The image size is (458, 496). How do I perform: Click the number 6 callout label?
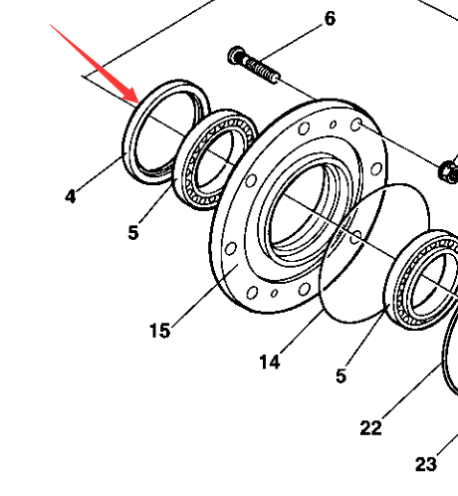[330, 18]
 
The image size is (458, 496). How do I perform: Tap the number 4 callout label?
[71, 196]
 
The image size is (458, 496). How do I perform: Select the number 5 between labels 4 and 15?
[133, 232]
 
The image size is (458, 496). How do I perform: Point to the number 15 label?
[160, 331]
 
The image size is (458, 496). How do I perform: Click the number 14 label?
[270, 362]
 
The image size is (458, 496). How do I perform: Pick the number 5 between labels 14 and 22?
[342, 376]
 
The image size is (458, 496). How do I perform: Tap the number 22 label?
[370, 428]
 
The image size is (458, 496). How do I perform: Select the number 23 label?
[426, 464]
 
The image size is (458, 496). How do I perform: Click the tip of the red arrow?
[138, 103]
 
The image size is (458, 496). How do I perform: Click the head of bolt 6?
[236, 55]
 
